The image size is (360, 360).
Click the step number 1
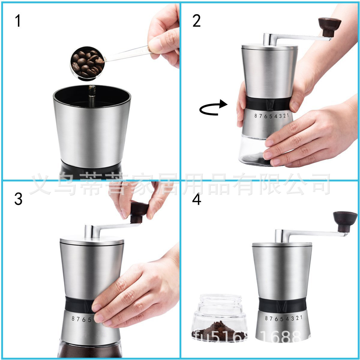point(18,21)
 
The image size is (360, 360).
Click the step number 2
point(196,21)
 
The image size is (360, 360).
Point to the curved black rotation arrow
point(213,108)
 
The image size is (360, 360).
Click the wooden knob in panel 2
point(329,26)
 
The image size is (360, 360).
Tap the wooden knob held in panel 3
point(139,212)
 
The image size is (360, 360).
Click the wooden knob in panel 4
point(345,220)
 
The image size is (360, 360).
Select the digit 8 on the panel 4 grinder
point(266,318)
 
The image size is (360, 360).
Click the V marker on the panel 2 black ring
point(271,105)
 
